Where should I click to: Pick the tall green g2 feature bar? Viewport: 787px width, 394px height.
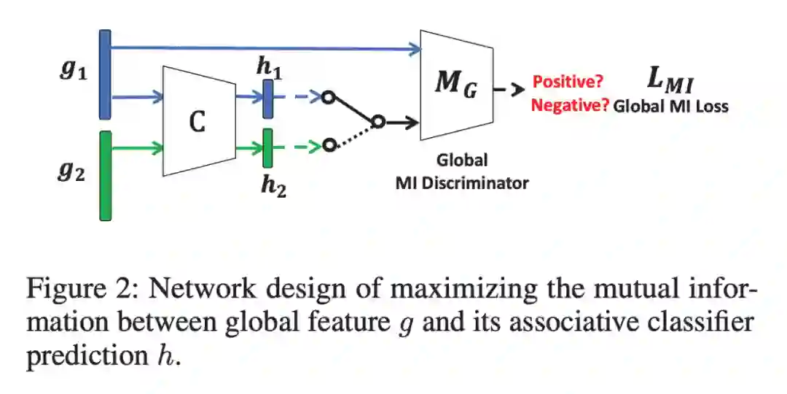[x=106, y=175]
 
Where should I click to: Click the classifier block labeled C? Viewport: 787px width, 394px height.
[x=198, y=120]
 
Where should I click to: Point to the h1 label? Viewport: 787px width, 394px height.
[x=270, y=67]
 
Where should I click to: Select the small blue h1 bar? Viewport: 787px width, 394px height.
[x=267, y=98]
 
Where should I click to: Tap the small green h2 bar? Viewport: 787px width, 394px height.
[x=268, y=147]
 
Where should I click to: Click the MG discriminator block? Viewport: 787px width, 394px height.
[x=456, y=85]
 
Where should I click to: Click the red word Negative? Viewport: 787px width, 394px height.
[x=569, y=106]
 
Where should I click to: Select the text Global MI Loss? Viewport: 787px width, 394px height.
[x=670, y=107]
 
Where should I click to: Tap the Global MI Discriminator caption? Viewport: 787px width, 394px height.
[x=461, y=171]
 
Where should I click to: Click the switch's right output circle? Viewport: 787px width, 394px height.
[x=377, y=121]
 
